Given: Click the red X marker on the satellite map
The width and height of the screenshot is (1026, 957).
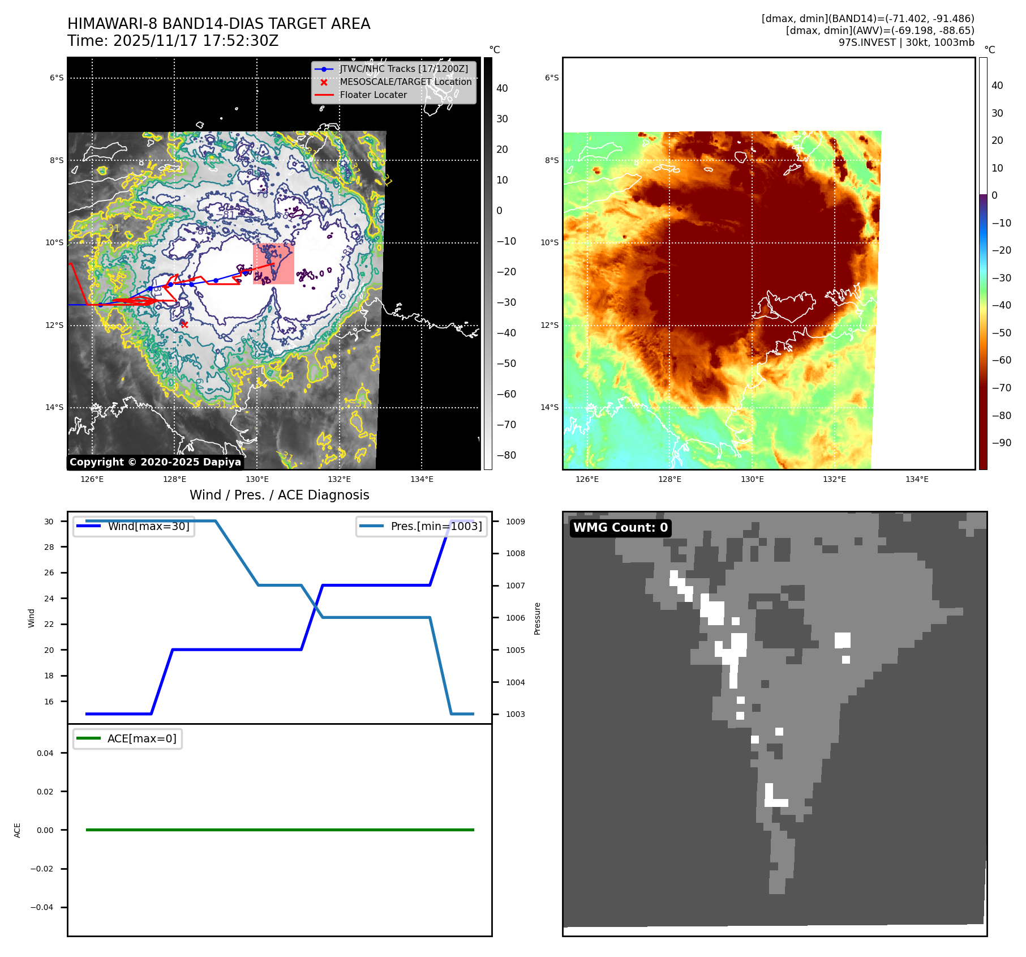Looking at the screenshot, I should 184,324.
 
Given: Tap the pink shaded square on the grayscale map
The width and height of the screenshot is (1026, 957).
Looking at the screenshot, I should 273,263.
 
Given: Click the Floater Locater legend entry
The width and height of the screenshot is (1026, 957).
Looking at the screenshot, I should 373,95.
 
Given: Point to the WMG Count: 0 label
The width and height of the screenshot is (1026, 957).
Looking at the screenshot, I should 620,528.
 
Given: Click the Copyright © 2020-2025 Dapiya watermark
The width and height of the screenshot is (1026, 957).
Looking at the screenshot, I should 155,462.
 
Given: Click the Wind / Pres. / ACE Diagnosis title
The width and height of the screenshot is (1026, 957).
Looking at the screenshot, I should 279,495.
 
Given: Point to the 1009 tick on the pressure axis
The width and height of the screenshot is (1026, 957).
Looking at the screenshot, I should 515,522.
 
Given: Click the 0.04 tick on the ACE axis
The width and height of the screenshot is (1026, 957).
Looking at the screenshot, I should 45,753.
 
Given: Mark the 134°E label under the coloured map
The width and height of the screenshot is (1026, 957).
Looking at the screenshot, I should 917,479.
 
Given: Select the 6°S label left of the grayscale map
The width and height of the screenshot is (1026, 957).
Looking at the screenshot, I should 57,78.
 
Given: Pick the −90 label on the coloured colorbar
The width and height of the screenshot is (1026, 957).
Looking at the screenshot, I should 1002,443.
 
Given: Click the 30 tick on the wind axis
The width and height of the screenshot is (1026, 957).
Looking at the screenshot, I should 49,522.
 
